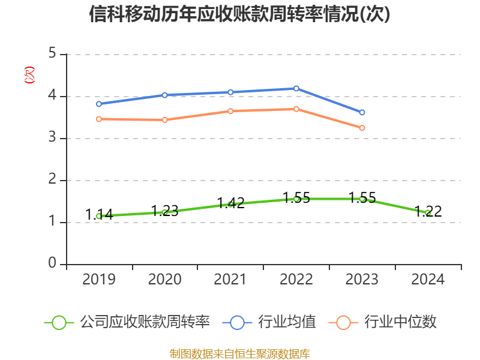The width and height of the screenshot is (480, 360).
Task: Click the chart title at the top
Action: (239, 14)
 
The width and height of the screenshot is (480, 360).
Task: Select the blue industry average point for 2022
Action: (296, 88)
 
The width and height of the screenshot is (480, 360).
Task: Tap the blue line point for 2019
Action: (99, 104)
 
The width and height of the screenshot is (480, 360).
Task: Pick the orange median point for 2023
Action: (362, 128)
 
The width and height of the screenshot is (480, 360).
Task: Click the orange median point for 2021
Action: (230, 111)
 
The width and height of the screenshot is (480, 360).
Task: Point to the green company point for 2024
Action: (428, 212)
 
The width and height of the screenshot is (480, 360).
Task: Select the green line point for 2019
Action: (99, 216)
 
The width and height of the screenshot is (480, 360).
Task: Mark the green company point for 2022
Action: (296, 199)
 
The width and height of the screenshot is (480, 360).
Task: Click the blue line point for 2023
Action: (362, 113)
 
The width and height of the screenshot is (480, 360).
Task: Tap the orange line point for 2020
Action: (165, 119)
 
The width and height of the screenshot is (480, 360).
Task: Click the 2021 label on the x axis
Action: (230, 280)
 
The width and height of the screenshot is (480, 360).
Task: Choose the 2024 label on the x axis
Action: (428, 280)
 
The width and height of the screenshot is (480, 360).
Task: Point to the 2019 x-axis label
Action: (99, 280)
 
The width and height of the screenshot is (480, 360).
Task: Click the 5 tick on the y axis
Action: (52, 54)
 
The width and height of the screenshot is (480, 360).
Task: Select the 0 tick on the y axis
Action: (52, 264)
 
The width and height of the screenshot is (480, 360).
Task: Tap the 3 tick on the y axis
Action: (52, 138)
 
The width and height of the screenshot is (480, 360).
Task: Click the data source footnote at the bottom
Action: (239, 353)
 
